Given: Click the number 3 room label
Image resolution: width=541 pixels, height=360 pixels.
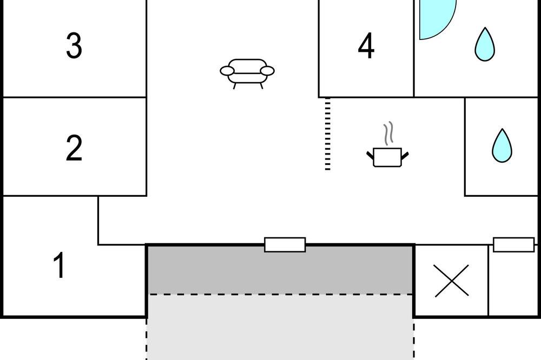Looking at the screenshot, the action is (x=74, y=45).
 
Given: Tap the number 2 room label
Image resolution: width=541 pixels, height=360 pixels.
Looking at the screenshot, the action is (x=74, y=148).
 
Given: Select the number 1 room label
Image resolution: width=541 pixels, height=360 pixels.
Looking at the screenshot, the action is (x=60, y=265).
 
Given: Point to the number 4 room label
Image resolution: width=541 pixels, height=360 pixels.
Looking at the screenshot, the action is (x=366, y=45).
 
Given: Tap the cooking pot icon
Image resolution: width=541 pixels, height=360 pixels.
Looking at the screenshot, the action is (x=387, y=157).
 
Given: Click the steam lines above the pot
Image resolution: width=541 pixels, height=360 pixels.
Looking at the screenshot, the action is (x=388, y=133).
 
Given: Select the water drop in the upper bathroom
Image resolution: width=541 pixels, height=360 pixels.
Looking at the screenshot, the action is (x=485, y=44).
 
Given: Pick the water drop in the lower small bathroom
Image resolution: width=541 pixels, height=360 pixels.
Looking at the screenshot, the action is (x=502, y=145).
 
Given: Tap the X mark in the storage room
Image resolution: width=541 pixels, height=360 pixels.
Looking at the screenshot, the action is (x=452, y=281).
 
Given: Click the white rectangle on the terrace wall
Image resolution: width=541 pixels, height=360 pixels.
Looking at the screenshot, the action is (x=285, y=245).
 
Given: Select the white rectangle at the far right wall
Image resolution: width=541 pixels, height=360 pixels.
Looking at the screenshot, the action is (x=514, y=245).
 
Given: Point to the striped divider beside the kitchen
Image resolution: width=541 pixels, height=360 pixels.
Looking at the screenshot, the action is (x=328, y=134).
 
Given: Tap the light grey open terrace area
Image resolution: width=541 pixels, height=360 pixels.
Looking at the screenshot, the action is (x=280, y=327).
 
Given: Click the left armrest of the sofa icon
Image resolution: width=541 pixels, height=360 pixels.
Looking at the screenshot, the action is (x=227, y=71).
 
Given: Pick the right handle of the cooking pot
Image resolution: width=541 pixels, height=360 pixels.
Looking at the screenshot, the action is (x=405, y=156).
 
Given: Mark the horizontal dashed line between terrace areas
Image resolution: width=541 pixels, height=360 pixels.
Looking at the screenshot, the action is (x=280, y=294).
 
